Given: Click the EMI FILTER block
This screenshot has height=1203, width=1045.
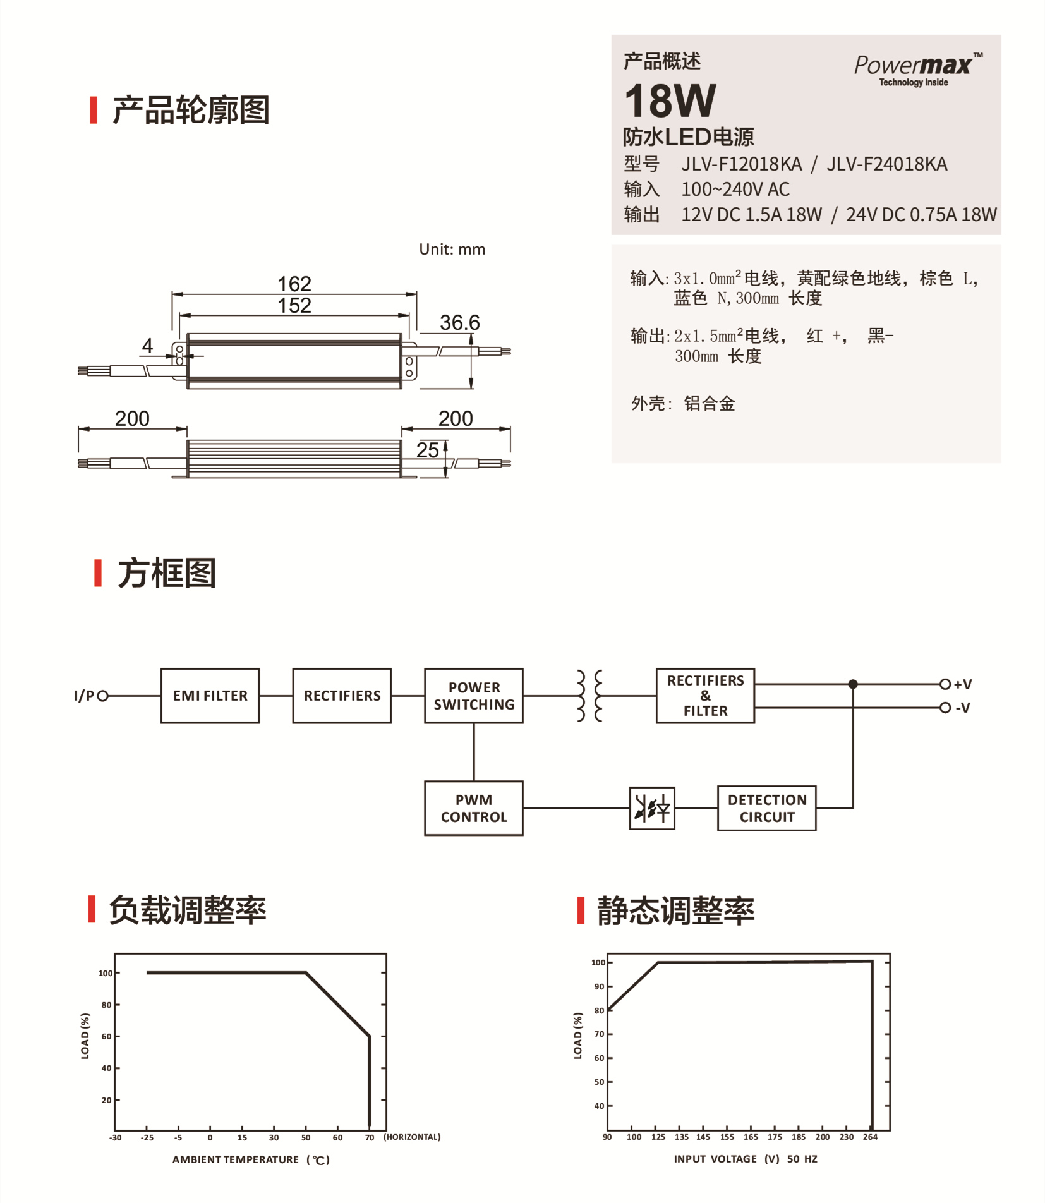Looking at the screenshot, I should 210,696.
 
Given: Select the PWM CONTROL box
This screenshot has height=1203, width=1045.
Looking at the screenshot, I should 473,808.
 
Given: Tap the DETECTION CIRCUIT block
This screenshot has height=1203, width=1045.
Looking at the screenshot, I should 766,808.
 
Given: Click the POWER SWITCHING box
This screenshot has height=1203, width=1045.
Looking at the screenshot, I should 473,696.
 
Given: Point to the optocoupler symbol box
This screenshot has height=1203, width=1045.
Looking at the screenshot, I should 651,808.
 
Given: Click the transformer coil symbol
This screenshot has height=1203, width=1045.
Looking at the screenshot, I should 589,696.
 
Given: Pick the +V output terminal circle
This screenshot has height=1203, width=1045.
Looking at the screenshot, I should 945,684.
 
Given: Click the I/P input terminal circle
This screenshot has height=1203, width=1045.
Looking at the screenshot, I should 103,696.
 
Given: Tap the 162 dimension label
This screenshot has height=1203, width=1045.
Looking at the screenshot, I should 294,283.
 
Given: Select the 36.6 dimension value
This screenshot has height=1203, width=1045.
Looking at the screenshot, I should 459,322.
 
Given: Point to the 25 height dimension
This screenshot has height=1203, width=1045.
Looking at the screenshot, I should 427,450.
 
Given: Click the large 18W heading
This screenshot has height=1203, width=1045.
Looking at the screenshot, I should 670,101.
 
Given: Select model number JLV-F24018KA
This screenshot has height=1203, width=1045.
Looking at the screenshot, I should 886,164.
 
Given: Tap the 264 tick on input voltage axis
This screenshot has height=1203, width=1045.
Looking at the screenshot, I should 870,1137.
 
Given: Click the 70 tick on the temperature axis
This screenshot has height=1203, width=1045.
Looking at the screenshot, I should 370,1137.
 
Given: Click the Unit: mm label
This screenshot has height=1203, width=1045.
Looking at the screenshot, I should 452,249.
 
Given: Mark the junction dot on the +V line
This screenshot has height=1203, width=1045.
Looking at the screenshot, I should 853,684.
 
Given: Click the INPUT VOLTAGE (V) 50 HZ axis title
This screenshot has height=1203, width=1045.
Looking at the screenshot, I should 745,1159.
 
